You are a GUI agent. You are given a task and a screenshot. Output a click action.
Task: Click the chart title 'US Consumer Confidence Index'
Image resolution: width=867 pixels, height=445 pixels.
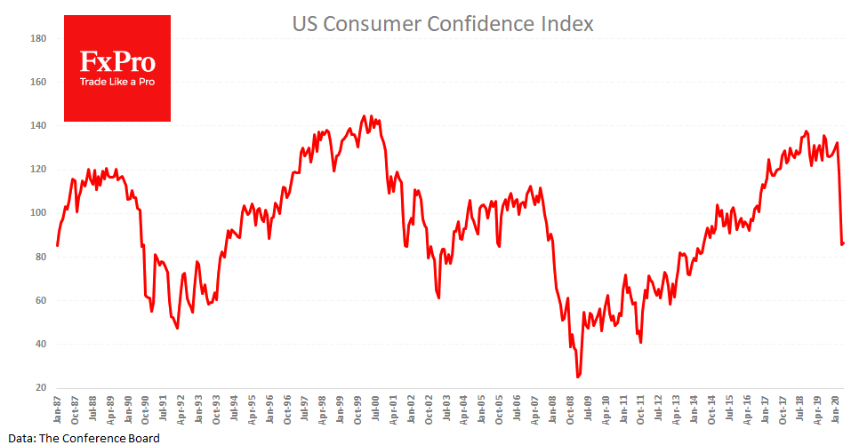[443, 24]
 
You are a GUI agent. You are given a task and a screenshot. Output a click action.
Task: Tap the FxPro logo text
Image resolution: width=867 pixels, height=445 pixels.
[117, 61]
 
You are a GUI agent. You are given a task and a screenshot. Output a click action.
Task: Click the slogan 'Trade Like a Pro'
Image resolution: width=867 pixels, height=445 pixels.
[117, 82]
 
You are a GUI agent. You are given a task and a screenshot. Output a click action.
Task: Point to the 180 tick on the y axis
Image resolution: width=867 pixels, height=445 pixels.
[38, 39]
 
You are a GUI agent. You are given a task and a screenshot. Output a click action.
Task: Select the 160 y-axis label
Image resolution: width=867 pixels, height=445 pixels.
[38, 83]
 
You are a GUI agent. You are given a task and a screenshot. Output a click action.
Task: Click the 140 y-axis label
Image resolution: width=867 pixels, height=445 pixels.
[38, 126]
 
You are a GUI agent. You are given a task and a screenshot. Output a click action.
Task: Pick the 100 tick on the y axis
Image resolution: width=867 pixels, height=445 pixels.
[38, 213]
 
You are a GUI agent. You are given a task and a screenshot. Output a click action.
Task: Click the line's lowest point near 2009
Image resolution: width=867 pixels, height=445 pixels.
[578, 377]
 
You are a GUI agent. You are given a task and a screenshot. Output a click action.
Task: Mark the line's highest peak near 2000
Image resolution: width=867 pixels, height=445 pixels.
[363, 115]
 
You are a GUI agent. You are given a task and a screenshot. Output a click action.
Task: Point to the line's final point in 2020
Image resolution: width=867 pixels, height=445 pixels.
[844, 242]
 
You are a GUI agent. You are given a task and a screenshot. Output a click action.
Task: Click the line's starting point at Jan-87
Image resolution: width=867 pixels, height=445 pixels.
[57, 245]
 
